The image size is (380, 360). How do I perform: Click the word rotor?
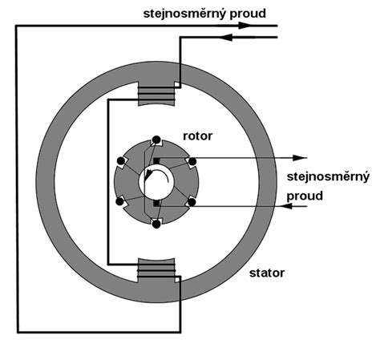tap(197, 136)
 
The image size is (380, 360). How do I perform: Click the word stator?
tap(267, 273)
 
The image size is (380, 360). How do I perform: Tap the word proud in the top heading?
tap(248, 14)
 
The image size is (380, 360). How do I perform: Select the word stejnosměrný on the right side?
tap(328, 176)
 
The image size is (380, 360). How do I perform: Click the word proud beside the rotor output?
tap(305, 196)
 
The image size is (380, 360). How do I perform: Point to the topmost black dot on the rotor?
tap(156, 140)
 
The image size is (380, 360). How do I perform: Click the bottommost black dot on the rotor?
tap(156, 224)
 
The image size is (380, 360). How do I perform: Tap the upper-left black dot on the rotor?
tap(121, 161)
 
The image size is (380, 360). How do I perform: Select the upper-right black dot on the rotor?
tap(192, 161)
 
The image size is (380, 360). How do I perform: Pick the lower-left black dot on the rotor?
tap(119, 201)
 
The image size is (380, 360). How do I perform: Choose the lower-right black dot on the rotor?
tap(192, 202)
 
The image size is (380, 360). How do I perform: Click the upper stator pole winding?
tap(156, 94)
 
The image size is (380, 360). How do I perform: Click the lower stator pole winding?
tap(156, 271)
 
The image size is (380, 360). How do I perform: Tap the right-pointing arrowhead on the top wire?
tap(245, 26)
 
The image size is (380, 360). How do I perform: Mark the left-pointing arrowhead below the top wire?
tap(226, 38)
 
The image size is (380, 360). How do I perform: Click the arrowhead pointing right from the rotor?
tap(299, 158)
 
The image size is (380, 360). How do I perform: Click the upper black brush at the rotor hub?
tap(156, 161)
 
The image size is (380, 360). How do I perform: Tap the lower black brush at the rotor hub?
tap(156, 203)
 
